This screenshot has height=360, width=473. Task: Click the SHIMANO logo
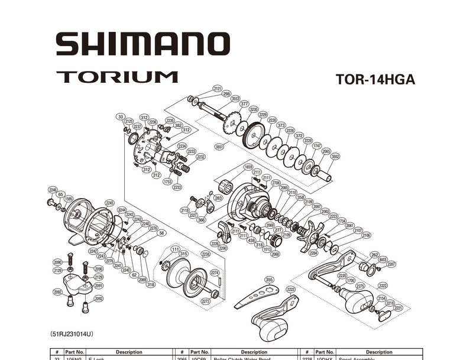[x=142, y=44]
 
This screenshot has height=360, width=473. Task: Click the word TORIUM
[x=117, y=77]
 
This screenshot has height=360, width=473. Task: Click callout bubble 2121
[x=217, y=88]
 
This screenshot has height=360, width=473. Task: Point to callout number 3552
[x=335, y=157]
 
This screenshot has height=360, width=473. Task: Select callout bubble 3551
[x=221, y=146]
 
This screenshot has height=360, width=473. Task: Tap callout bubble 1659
[x=248, y=167]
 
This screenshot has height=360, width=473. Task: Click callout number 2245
[x=109, y=203]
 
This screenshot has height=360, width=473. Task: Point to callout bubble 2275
[x=360, y=286]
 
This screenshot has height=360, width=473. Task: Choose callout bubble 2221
[x=398, y=308]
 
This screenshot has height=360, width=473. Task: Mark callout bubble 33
[x=121, y=117]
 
